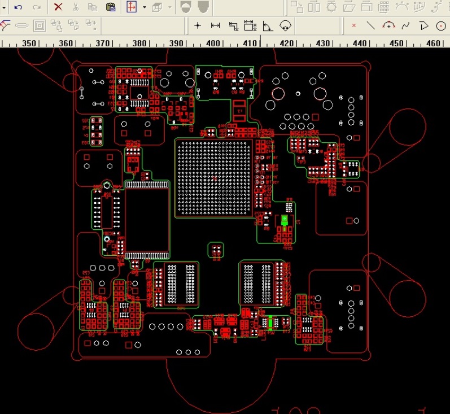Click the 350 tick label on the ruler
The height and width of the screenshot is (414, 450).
29,43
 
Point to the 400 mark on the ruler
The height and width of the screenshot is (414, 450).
213,43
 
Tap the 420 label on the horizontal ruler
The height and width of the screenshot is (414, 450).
287,43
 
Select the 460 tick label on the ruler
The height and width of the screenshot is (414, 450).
434,43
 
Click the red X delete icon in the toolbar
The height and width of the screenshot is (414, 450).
58,7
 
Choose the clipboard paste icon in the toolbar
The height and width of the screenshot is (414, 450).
111,7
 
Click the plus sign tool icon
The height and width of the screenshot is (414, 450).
198,25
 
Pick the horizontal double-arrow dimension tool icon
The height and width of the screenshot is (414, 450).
215,25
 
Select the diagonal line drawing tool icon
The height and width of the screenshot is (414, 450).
371,25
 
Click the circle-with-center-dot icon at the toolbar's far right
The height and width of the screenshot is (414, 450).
441,25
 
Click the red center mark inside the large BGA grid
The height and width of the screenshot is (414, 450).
214,178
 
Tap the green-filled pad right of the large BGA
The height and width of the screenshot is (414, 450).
285,220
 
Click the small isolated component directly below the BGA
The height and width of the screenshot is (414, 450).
216,251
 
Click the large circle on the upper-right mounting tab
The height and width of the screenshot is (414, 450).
407,126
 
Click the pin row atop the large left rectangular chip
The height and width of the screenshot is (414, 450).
146,184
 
